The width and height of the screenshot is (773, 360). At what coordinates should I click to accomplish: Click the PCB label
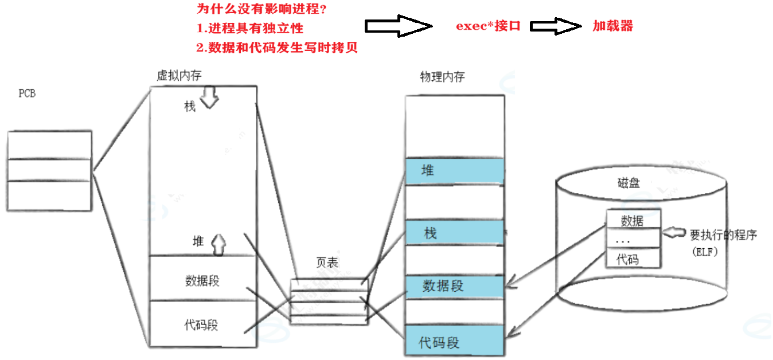pyautogui.click(x=27, y=94)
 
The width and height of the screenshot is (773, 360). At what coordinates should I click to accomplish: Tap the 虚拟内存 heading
pyautogui.click(x=179, y=76)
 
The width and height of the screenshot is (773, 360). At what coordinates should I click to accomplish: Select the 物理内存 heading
pyautogui.click(x=442, y=77)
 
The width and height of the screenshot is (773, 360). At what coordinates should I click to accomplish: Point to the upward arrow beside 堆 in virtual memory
pyautogui.click(x=218, y=244)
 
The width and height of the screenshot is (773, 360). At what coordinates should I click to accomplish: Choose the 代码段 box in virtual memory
pyautogui.click(x=202, y=324)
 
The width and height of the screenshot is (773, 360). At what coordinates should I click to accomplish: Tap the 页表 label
pyautogui.click(x=327, y=263)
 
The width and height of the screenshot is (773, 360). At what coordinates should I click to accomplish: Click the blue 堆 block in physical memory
pyautogui.click(x=455, y=171)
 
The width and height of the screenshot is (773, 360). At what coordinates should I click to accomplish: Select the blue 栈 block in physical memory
pyautogui.click(x=455, y=233)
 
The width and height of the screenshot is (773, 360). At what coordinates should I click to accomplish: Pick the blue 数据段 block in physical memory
pyautogui.click(x=455, y=286)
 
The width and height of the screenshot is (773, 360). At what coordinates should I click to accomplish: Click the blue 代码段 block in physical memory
pyautogui.click(x=455, y=343)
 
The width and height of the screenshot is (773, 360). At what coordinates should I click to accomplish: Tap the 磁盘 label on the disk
pyautogui.click(x=629, y=183)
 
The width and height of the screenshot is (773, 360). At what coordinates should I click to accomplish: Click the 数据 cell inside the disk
pyautogui.click(x=633, y=220)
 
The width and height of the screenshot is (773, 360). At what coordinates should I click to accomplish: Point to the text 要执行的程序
pyautogui.click(x=723, y=234)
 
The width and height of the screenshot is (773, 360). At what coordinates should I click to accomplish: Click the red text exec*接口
pyautogui.click(x=488, y=26)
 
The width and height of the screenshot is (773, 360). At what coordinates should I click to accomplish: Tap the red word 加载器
pyautogui.click(x=612, y=26)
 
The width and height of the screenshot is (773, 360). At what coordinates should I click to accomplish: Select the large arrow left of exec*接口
pyautogui.click(x=397, y=26)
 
